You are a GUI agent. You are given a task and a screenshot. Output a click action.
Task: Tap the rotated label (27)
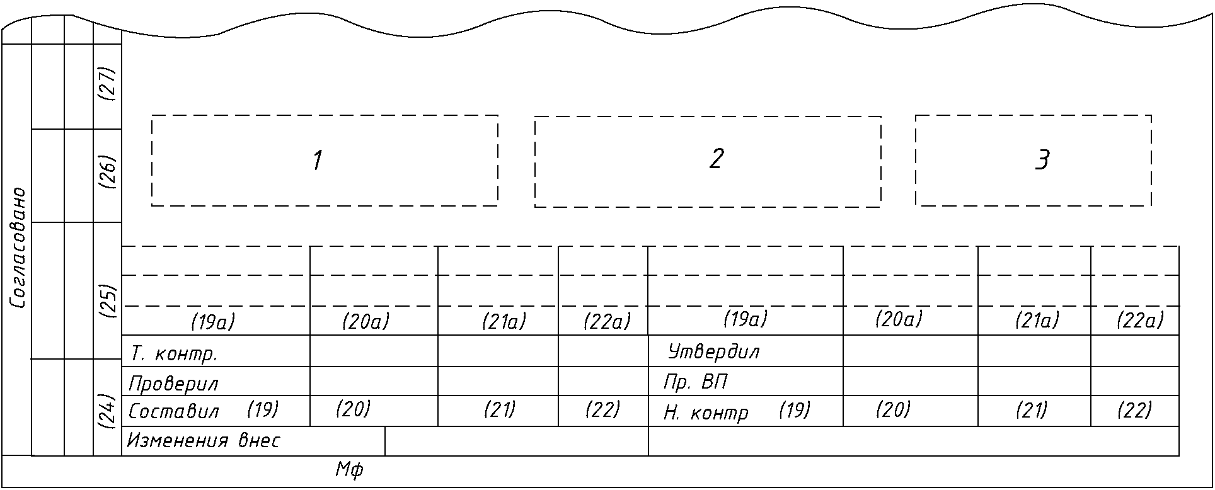(x=108, y=83)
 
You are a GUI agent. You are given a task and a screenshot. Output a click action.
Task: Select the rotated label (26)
(x=108, y=172)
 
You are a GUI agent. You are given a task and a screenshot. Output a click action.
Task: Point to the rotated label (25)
(x=108, y=301)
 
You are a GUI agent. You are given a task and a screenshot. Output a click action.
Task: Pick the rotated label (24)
(x=108, y=411)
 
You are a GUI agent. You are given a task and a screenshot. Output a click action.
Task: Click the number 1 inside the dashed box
(x=318, y=161)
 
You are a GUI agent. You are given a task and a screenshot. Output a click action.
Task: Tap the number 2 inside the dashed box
(x=716, y=159)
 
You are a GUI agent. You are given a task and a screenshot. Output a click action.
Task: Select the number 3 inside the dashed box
(x=1043, y=161)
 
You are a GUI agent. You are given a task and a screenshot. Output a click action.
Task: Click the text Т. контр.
(x=174, y=354)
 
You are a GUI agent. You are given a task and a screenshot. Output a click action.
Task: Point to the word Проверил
(x=174, y=383)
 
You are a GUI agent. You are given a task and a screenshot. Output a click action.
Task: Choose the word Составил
(x=174, y=412)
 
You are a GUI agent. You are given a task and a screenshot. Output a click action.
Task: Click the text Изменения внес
(x=204, y=441)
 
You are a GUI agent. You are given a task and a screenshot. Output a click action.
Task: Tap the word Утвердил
(x=714, y=351)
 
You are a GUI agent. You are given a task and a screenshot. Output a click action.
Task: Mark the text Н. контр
(x=706, y=413)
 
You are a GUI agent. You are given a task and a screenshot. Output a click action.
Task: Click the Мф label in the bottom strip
(x=349, y=469)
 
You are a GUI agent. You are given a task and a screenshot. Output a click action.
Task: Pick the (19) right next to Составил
(x=263, y=410)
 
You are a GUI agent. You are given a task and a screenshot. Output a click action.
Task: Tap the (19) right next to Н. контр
(x=795, y=411)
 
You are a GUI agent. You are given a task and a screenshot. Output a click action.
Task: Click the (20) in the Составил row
(x=353, y=410)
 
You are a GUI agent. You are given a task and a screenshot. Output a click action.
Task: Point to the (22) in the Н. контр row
(x=1134, y=411)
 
